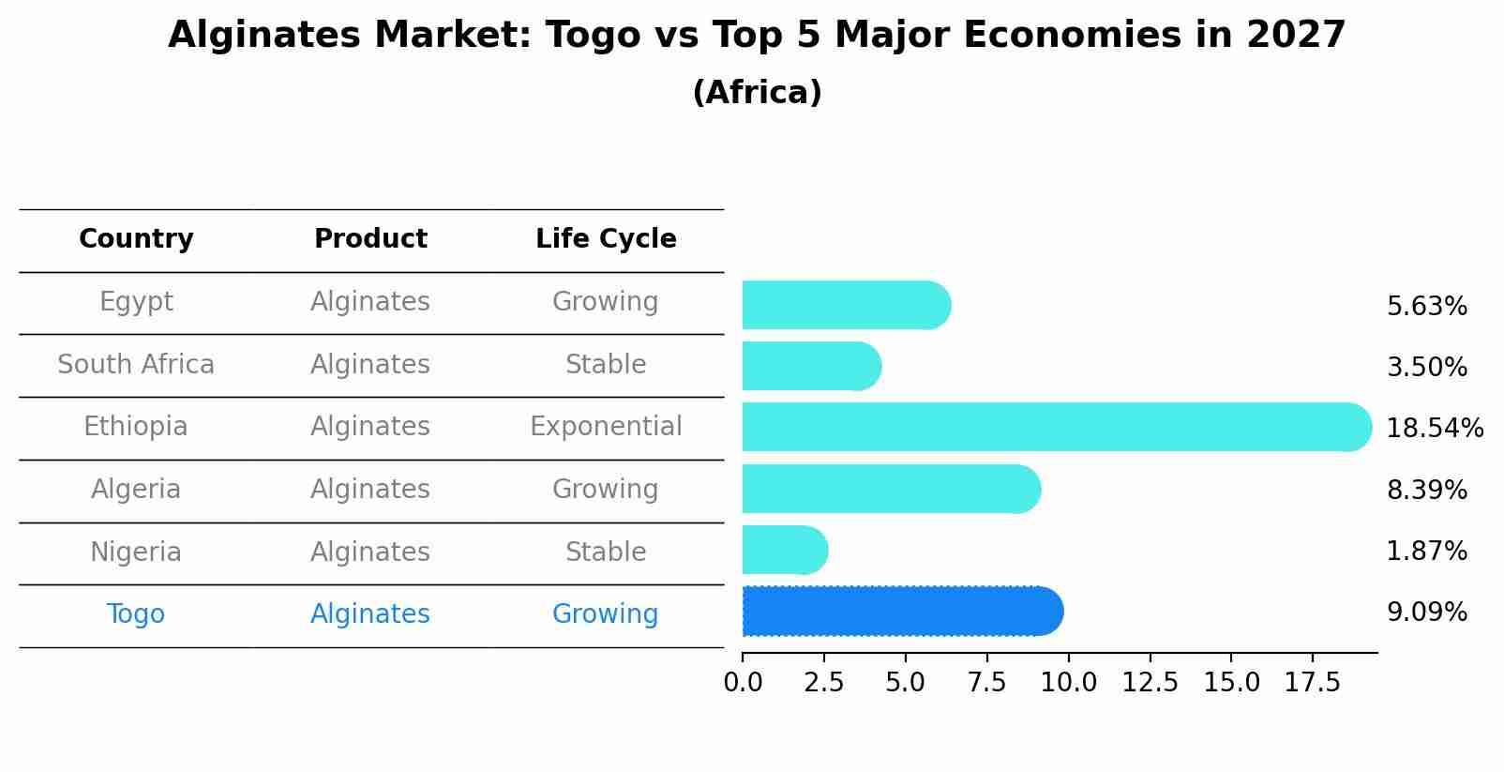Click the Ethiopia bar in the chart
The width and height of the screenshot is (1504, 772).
tap(1056, 427)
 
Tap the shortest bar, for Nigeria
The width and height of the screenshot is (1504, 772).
tap(784, 550)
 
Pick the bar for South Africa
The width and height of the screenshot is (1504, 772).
tap(811, 366)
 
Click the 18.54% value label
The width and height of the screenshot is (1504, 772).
tap(1434, 429)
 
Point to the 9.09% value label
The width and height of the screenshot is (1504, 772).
tap(1426, 613)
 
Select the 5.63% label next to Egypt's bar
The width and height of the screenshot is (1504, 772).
tap(1426, 307)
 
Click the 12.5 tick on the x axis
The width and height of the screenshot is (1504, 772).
tap(1150, 683)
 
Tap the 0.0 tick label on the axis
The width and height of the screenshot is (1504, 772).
tap(743, 683)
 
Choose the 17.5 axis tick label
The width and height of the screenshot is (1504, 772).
tap(1313, 683)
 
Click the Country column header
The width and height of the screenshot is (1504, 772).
tap(136, 239)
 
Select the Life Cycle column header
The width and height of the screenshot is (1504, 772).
tap(606, 239)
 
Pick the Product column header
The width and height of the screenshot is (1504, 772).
tap(370, 239)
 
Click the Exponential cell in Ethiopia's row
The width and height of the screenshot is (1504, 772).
tap(606, 427)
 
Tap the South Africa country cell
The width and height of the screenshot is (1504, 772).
tap(136, 365)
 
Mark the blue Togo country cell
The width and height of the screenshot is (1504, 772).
tap(136, 614)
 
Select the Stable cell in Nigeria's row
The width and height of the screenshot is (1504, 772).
tap(606, 552)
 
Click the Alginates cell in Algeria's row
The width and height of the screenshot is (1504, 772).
tap(370, 490)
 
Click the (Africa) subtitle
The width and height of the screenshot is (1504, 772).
tap(757, 93)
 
